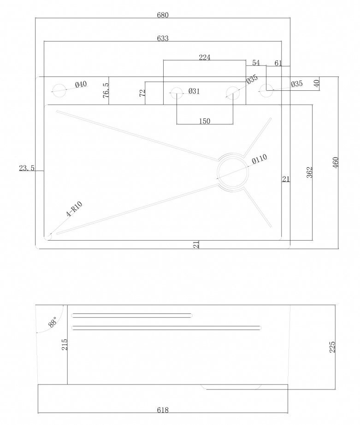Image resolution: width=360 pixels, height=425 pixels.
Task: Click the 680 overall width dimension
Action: click(163, 15)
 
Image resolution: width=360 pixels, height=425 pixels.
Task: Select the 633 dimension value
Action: click(163, 38)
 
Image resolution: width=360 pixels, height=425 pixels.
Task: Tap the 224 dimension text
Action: click(205, 58)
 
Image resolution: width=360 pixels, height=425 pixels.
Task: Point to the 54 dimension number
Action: click(256, 63)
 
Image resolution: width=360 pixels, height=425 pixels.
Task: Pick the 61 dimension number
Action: click(278, 63)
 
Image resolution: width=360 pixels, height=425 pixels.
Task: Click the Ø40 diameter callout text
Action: click(81, 84)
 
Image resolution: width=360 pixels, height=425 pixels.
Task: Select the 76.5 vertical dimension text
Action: click(106, 91)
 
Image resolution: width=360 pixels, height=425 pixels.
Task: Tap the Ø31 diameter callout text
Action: click(194, 91)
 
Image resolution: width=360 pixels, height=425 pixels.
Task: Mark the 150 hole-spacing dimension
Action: click(205, 121)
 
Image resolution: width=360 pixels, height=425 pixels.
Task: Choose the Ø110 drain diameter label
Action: click(259, 159)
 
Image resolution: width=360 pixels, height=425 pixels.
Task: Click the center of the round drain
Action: click(232, 171)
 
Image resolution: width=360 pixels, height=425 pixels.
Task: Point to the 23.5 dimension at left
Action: click(27, 168)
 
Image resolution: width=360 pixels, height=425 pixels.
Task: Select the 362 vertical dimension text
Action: click(309, 172)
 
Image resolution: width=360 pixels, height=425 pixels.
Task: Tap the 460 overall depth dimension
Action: click(335, 162)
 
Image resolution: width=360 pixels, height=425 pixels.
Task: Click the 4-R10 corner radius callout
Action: click(74, 209)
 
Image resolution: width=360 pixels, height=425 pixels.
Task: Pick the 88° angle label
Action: click(53, 322)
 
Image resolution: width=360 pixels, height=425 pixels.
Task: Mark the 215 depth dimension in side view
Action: click(65, 344)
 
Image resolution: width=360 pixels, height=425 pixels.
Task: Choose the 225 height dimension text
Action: click(332, 347)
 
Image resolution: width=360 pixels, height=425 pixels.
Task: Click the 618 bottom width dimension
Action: click(163, 410)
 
